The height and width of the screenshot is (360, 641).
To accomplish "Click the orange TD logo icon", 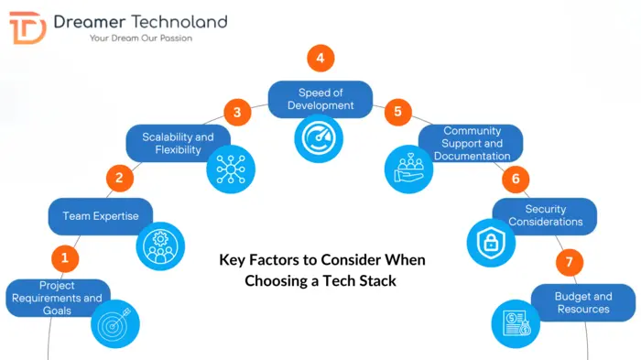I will click(x=27, y=27).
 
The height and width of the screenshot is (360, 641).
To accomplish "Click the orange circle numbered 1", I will click(x=65, y=258).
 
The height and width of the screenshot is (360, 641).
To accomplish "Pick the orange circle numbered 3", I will click(x=237, y=113).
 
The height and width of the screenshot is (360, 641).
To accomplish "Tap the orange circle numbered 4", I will click(x=320, y=59).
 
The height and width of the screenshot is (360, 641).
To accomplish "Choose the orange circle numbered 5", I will click(x=397, y=113).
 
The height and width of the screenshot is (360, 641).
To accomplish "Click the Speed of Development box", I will click(x=320, y=99).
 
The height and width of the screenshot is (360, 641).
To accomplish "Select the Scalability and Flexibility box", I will click(x=178, y=144).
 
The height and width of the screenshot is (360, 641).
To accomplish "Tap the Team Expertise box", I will click(x=101, y=216).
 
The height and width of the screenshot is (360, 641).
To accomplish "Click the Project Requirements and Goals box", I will click(x=58, y=298).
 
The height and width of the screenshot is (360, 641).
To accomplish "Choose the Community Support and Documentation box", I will click(x=473, y=144).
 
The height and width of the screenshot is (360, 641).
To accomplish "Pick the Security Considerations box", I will click(x=546, y=216).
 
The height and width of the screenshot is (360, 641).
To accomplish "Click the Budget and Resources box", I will click(x=583, y=302).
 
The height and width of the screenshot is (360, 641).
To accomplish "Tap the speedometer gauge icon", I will click(x=320, y=138).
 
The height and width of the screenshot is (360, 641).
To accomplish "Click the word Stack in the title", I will click(x=378, y=281).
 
